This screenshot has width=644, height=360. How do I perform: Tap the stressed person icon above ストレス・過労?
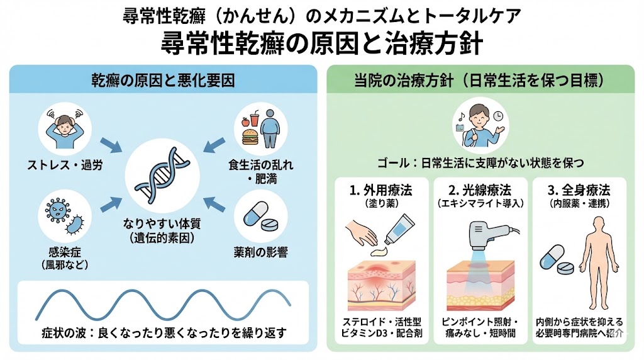[65, 132]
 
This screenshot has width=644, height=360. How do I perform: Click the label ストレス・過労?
[65, 167]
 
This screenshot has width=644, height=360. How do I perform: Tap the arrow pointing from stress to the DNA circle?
[111, 145]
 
